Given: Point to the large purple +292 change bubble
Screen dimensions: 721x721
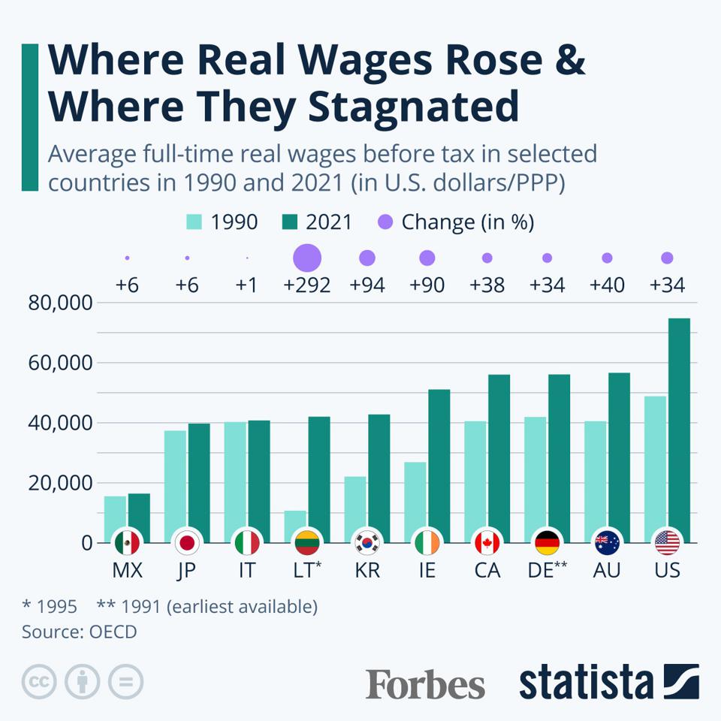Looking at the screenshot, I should pos(306,258).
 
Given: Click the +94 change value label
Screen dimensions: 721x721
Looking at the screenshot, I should pos(367,286).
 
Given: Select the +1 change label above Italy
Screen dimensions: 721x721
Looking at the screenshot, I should pos(247,286).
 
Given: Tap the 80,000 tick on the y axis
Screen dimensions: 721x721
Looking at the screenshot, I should pos(59,303).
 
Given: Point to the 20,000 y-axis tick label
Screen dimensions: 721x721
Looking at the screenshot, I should pos(59,483).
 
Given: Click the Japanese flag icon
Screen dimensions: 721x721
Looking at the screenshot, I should pos(186,542).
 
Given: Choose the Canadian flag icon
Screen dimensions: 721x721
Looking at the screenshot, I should pos(487,542).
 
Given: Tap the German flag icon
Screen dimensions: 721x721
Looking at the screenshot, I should pos(547,542).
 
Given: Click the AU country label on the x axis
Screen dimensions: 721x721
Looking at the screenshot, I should pos(607,571).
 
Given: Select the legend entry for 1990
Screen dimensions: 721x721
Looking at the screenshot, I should pos(222,222).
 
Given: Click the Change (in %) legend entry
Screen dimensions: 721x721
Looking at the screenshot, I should pos(455,222).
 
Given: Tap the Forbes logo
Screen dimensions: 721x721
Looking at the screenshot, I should pos(425,683).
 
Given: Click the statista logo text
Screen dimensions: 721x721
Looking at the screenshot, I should pos(586,682).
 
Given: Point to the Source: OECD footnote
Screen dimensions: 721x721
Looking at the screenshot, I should pos(80,632).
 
